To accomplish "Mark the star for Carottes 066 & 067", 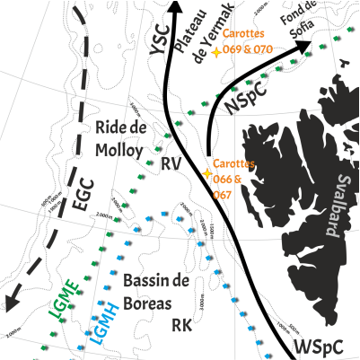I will point(206,172).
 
